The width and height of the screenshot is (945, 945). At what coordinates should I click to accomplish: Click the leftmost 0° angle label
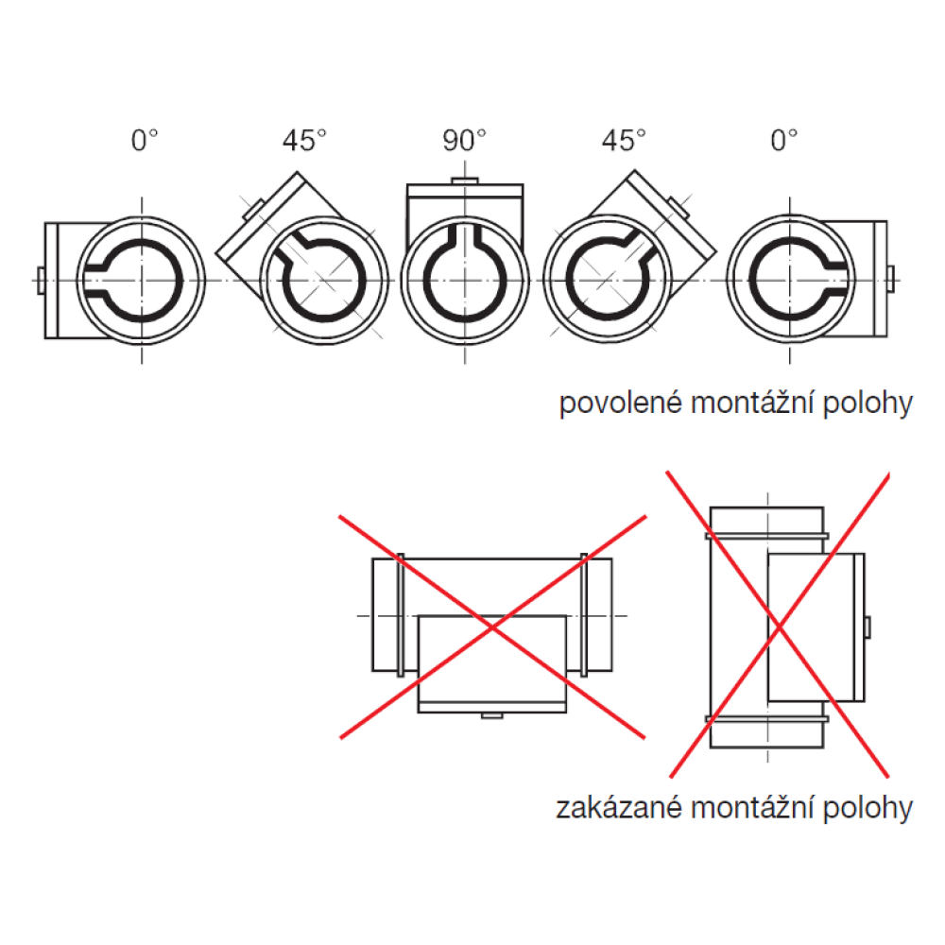(145, 141)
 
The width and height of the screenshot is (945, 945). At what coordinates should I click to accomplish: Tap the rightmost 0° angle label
(784, 141)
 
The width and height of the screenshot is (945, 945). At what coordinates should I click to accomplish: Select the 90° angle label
(464, 141)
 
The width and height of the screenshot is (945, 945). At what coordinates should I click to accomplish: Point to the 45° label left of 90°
(304, 141)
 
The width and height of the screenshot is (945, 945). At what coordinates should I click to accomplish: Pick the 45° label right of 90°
(624, 141)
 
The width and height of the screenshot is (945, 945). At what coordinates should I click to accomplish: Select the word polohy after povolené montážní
(868, 404)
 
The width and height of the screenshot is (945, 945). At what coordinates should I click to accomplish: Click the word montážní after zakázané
(753, 808)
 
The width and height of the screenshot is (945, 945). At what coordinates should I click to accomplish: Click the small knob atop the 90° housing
(465, 180)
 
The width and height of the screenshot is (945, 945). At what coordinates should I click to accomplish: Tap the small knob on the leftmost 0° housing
(41, 281)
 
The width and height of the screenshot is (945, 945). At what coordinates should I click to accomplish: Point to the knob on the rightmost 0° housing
(891, 279)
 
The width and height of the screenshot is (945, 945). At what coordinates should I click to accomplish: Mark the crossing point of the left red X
(493, 628)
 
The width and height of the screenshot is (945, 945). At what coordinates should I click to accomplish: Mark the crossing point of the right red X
(779, 627)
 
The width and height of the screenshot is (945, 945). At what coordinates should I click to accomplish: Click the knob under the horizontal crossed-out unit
(491, 715)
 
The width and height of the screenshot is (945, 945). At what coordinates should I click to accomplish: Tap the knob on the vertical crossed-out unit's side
(868, 627)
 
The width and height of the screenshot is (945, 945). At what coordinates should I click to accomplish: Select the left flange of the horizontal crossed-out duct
(401, 615)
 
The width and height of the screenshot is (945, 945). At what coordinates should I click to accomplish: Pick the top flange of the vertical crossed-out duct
(766, 536)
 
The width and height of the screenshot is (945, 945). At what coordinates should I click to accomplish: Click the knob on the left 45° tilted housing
(253, 210)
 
